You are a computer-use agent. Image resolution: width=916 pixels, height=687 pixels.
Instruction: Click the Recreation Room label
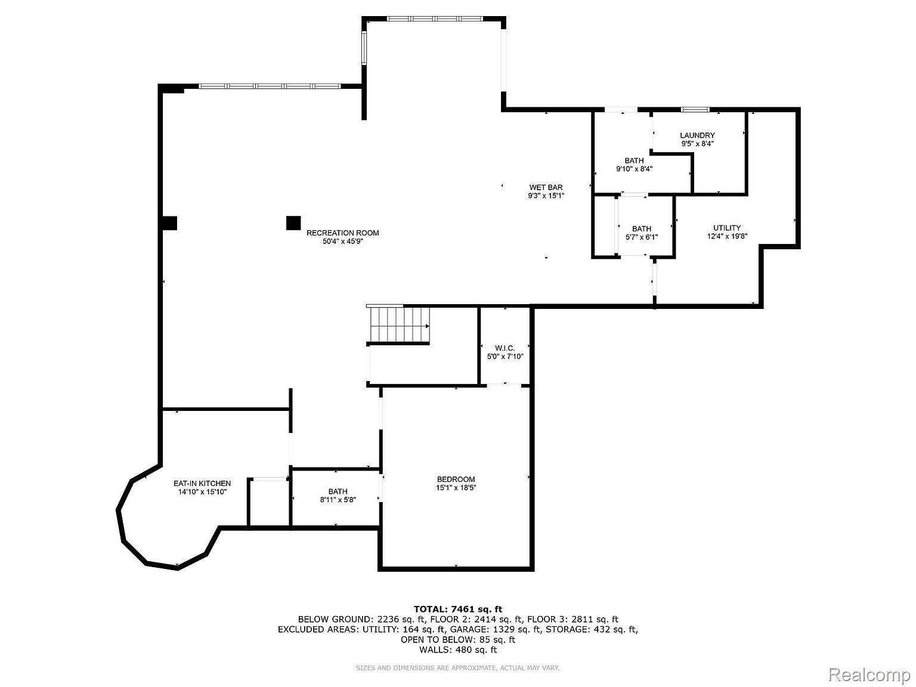[343, 233]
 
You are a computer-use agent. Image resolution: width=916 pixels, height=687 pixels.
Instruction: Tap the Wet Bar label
[546, 187]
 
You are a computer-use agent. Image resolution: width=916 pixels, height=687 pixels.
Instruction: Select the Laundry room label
[697, 135]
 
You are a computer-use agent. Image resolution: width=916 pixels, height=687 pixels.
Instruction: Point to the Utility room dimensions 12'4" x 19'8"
[727, 236]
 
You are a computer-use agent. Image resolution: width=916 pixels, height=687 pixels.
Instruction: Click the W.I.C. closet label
[505, 348]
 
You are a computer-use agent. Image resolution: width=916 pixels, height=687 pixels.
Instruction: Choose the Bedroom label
[456, 479]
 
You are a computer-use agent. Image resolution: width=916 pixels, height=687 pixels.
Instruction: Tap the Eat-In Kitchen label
[202, 484]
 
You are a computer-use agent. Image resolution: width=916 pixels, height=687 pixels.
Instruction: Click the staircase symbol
[398, 324]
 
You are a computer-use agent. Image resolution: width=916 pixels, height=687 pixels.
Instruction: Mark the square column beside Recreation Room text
[293, 223]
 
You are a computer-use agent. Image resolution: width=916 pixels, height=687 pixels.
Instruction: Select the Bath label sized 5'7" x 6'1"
[642, 228]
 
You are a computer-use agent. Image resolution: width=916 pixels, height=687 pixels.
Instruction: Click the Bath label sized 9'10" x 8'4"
[634, 160]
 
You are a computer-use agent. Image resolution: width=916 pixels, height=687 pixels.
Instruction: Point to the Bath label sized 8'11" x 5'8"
[338, 491]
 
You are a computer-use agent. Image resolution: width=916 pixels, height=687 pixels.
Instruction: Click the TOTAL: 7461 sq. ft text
[458, 609]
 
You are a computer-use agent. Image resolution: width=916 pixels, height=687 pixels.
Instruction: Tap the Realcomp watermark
[869, 674]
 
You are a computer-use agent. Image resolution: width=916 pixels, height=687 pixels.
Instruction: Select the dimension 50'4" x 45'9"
[343, 241]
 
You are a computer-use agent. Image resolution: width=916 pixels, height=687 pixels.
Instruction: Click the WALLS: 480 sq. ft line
[458, 649]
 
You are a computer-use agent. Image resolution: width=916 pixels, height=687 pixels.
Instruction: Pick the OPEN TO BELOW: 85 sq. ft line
[458, 639]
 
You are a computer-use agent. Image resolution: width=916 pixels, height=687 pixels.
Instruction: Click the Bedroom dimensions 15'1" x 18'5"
[456, 488]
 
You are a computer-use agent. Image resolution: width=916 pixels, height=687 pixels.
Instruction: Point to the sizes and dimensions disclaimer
[458, 668]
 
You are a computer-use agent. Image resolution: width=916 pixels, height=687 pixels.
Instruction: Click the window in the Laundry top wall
[695, 110]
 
